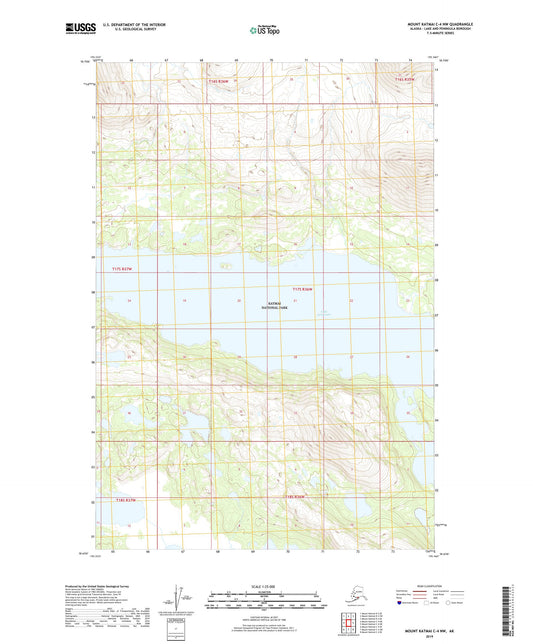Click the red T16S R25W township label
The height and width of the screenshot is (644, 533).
pos(403,79)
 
